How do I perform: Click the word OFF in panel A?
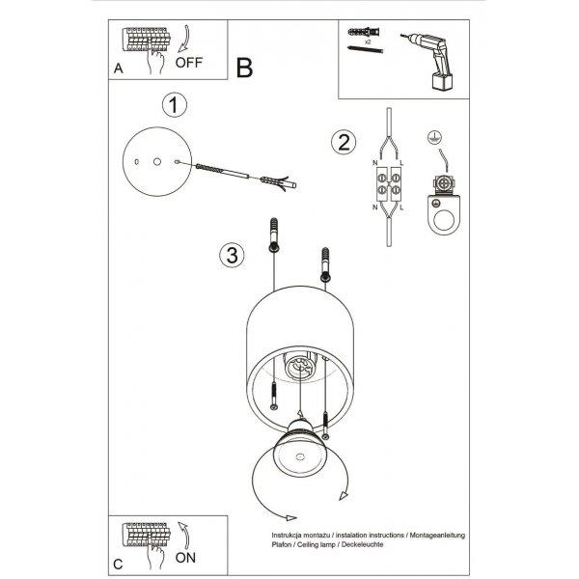(x=189, y=63)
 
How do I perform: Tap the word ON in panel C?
(x=185, y=558)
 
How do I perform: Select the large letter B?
(x=244, y=68)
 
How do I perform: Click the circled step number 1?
(x=175, y=105)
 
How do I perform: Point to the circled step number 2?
(x=344, y=142)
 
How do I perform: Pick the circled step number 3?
(x=232, y=255)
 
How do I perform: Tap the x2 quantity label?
(x=368, y=42)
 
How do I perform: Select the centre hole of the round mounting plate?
(x=157, y=161)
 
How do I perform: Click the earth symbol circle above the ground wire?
(x=434, y=137)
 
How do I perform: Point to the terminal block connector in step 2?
(x=389, y=184)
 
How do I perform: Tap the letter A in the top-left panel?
(x=118, y=69)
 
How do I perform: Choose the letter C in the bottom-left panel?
(x=118, y=565)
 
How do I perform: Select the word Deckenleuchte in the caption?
(x=362, y=544)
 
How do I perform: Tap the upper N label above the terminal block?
(x=374, y=163)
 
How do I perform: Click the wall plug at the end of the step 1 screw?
(x=278, y=182)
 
